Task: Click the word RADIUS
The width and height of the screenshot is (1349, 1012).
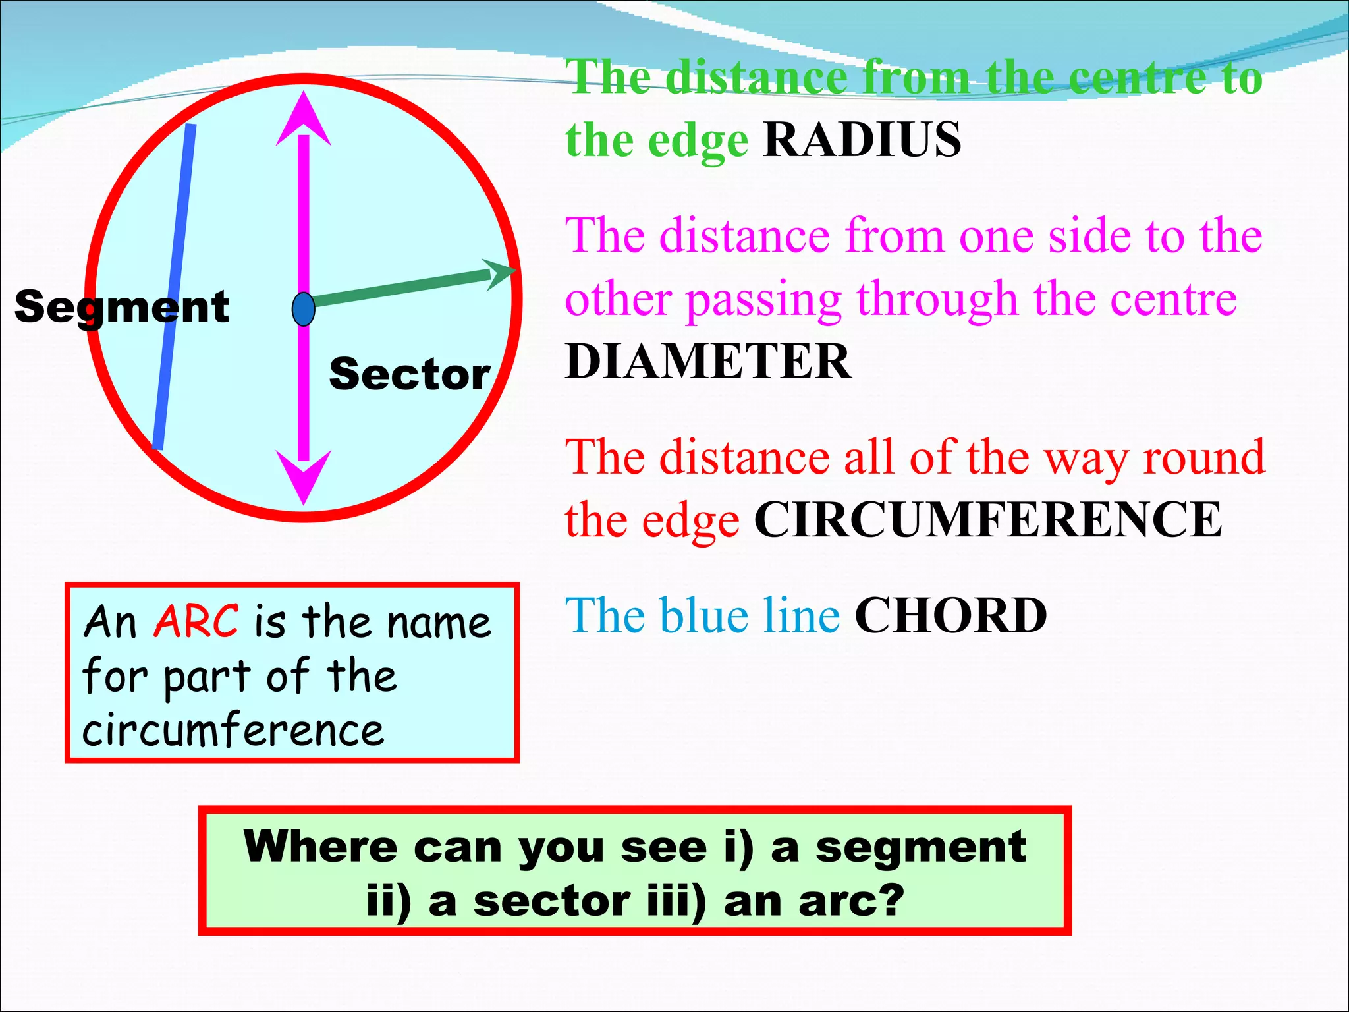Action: tap(862, 140)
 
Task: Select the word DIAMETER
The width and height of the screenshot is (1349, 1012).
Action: tap(708, 362)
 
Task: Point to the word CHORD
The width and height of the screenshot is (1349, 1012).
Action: tap(950, 615)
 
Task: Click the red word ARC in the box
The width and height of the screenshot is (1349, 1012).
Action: tap(196, 621)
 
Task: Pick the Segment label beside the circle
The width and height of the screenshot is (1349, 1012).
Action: tap(122, 307)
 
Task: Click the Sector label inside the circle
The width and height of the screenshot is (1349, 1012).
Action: tap(410, 374)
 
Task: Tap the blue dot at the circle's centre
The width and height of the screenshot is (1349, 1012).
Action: tap(303, 309)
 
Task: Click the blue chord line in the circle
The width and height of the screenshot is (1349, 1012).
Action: tap(173, 287)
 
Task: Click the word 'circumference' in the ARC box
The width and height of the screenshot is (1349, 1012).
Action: tap(233, 731)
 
